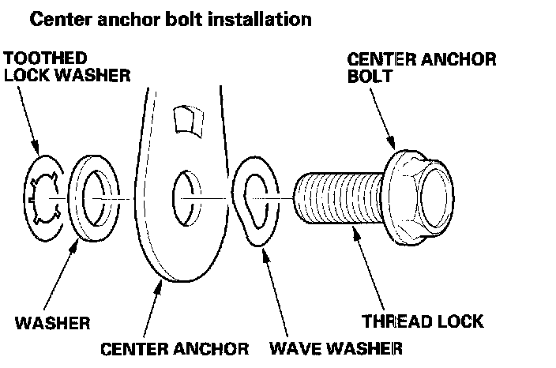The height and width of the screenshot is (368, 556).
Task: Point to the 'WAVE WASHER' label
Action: (336, 347)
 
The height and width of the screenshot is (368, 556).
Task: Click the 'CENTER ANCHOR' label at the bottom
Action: (174, 347)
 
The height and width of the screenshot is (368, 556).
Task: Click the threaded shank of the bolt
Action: (340, 197)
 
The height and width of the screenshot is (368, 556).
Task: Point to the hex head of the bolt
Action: (423, 193)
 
